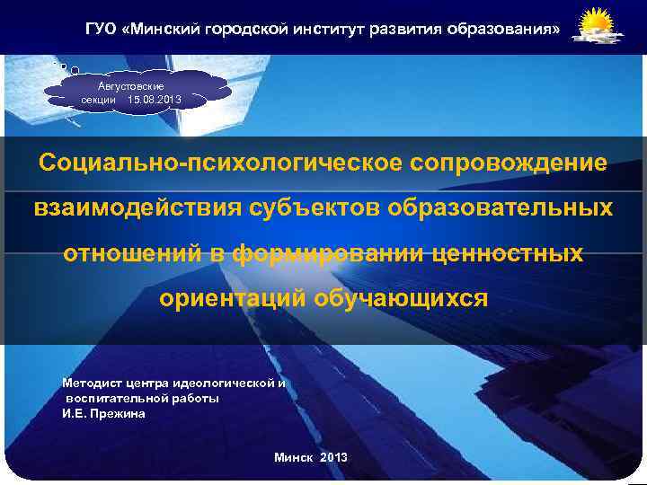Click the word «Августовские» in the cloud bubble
(137, 84)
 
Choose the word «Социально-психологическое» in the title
(220, 164)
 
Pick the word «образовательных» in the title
(500, 209)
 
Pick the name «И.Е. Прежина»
(102, 413)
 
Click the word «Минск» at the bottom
(294, 458)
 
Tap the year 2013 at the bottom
(332, 458)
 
